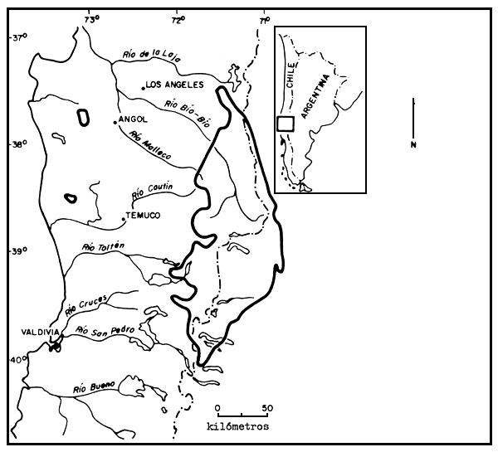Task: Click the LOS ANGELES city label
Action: (x=173, y=84)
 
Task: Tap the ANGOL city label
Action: (x=133, y=119)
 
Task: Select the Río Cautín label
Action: (x=152, y=192)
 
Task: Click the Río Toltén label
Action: (x=104, y=246)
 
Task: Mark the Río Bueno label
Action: (x=92, y=386)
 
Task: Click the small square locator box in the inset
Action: (x=285, y=124)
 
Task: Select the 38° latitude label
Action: (x=18, y=144)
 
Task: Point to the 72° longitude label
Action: (x=178, y=17)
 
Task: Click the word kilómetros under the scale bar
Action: (x=238, y=425)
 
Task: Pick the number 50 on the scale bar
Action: (x=266, y=408)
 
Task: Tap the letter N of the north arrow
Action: (x=413, y=145)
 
